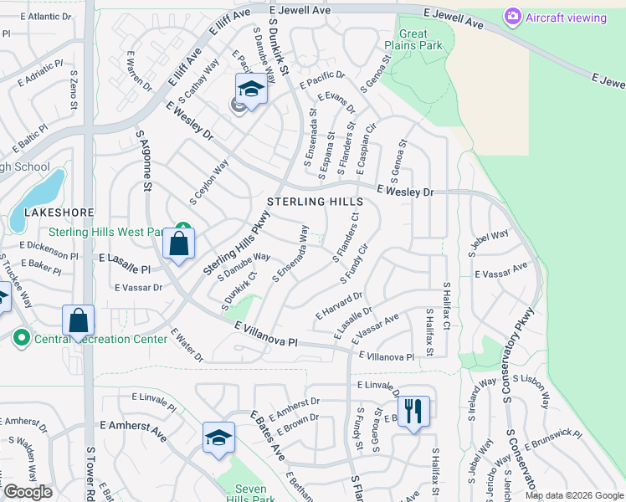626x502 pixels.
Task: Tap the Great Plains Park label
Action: click(413, 39)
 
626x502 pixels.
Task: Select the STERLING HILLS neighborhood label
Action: click(315, 202)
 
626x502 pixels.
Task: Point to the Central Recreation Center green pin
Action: click(20, 339)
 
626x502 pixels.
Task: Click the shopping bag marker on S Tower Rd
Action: click(78, 320)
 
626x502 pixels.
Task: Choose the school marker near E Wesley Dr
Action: click(250, 88)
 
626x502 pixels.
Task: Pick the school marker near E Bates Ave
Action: click(218, 438)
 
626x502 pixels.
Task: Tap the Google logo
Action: click(27, 492)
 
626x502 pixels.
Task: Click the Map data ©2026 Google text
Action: click(574, 495)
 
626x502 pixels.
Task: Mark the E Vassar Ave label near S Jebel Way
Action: click(501, 270)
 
